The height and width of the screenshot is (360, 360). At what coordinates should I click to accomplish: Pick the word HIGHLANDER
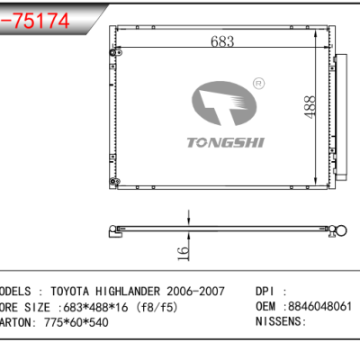point(131,292)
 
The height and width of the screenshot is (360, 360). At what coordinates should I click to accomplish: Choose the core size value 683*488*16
point(103,307)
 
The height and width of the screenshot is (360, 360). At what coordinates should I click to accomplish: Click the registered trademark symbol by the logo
point(257,83)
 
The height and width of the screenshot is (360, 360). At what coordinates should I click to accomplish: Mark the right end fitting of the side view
point(339,235)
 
